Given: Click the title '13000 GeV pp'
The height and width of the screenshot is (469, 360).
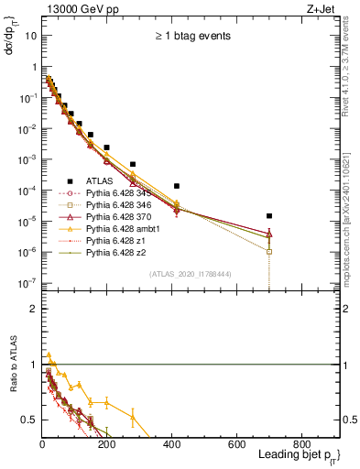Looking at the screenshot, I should tap(74, 9).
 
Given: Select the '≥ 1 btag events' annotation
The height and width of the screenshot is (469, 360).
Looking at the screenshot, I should tap(191, 37).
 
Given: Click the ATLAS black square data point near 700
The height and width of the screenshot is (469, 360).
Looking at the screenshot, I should tap(269, 216).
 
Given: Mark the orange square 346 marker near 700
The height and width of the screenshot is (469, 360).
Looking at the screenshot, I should tap(269, 251).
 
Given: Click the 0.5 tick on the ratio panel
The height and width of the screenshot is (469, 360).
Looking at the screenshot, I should tap(29, 420).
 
